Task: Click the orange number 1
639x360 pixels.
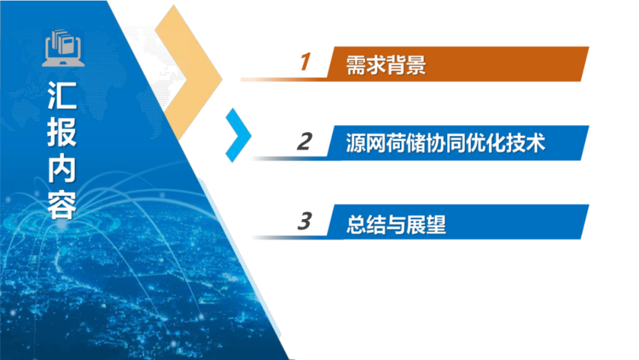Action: (305, 62)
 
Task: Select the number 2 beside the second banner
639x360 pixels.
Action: (304, 142)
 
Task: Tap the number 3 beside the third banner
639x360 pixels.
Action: (304, 221)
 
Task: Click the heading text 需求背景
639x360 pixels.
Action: (386, 64)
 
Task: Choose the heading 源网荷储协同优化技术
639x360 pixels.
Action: (446, 143)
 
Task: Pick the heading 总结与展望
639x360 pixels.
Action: (396, 224)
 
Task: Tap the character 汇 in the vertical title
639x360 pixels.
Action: (62, 96)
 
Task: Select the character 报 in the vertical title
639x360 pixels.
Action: (62, 131)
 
